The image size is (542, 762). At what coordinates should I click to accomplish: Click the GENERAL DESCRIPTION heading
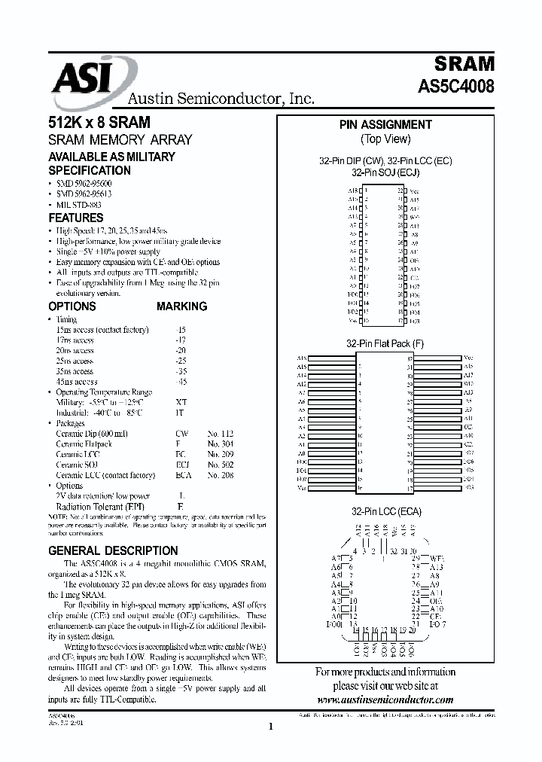coord(113,550)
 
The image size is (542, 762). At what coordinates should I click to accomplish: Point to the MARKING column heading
coord(181,306)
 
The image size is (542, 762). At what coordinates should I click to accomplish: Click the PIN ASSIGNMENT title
coord(385,125)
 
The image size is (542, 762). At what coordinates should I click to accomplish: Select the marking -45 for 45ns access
coord(181,382)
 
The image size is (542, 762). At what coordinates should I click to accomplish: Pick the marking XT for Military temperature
coord(181,403)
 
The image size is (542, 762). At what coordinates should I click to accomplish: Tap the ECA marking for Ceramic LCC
coord(182,476)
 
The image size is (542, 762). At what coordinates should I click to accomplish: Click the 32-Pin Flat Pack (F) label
coord(385,343)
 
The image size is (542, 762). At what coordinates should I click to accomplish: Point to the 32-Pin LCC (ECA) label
coord(385,511)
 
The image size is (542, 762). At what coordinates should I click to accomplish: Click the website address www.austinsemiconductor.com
coord(385,700)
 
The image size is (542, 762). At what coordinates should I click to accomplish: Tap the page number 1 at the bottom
coord(270,727)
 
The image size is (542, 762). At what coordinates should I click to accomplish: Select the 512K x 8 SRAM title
coord(99,123)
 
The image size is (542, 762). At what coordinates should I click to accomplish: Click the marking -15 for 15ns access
coord(181,330)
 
